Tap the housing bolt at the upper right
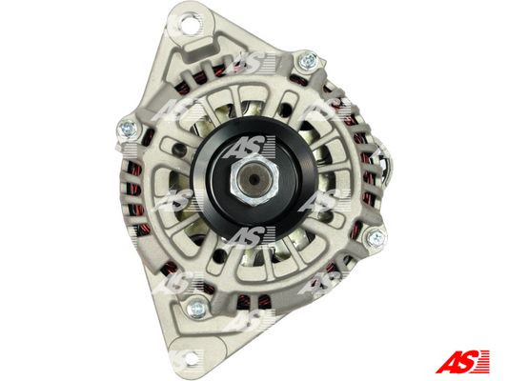point(307,64)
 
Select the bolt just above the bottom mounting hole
point(198,307)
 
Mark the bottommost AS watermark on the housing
point(254,319)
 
